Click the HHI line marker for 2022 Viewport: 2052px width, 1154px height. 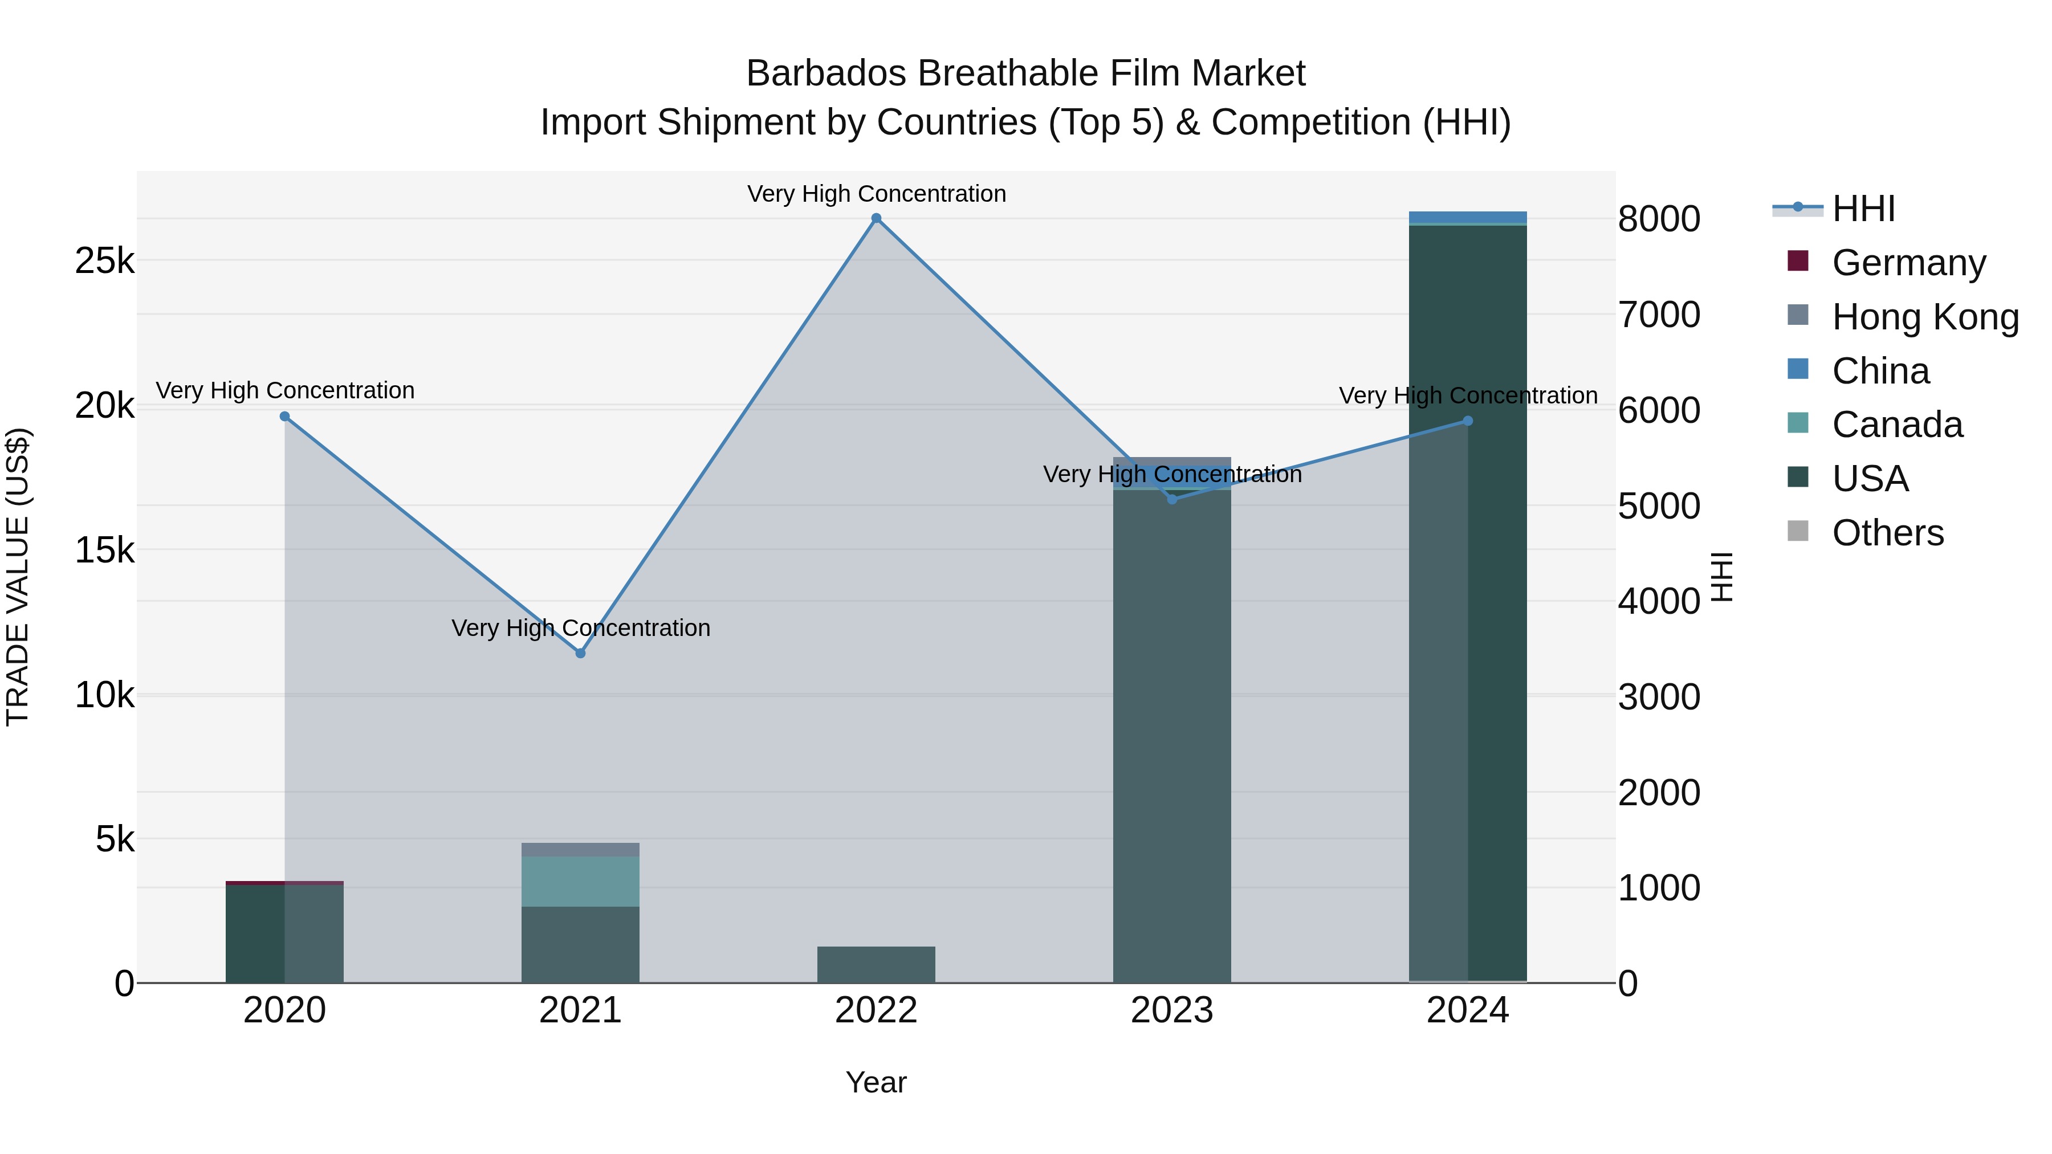click(876, 218)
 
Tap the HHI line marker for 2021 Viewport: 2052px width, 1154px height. click(581, 653)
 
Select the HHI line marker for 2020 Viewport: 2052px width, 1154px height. click(284, 417)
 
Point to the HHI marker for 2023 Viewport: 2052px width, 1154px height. click(1172, 499)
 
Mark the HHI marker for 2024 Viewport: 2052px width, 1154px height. click(1468, 421)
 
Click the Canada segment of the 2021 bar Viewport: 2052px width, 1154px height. click(581, 882)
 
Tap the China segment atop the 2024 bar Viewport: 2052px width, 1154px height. click(1468, 218)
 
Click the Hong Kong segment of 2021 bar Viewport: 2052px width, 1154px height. click(581, 850)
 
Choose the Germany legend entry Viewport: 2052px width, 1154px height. click(1908, 263)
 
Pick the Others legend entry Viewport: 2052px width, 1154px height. click(1887, 533)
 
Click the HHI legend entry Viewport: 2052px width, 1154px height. click(1863, 209)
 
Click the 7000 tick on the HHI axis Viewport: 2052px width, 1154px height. click(1659, 315)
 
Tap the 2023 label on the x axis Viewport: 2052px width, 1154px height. click(1172, 1010)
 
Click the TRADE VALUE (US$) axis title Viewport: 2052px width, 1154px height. click(18, 577)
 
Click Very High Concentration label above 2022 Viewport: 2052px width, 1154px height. click(876, 194)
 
